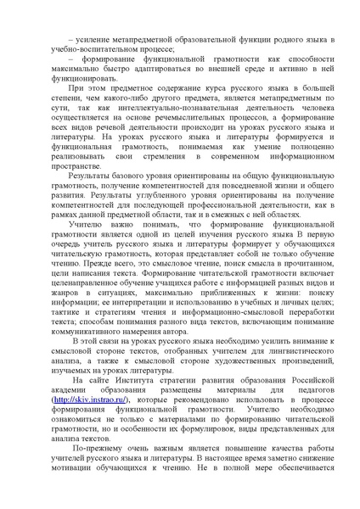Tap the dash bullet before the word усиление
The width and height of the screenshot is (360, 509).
60,39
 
